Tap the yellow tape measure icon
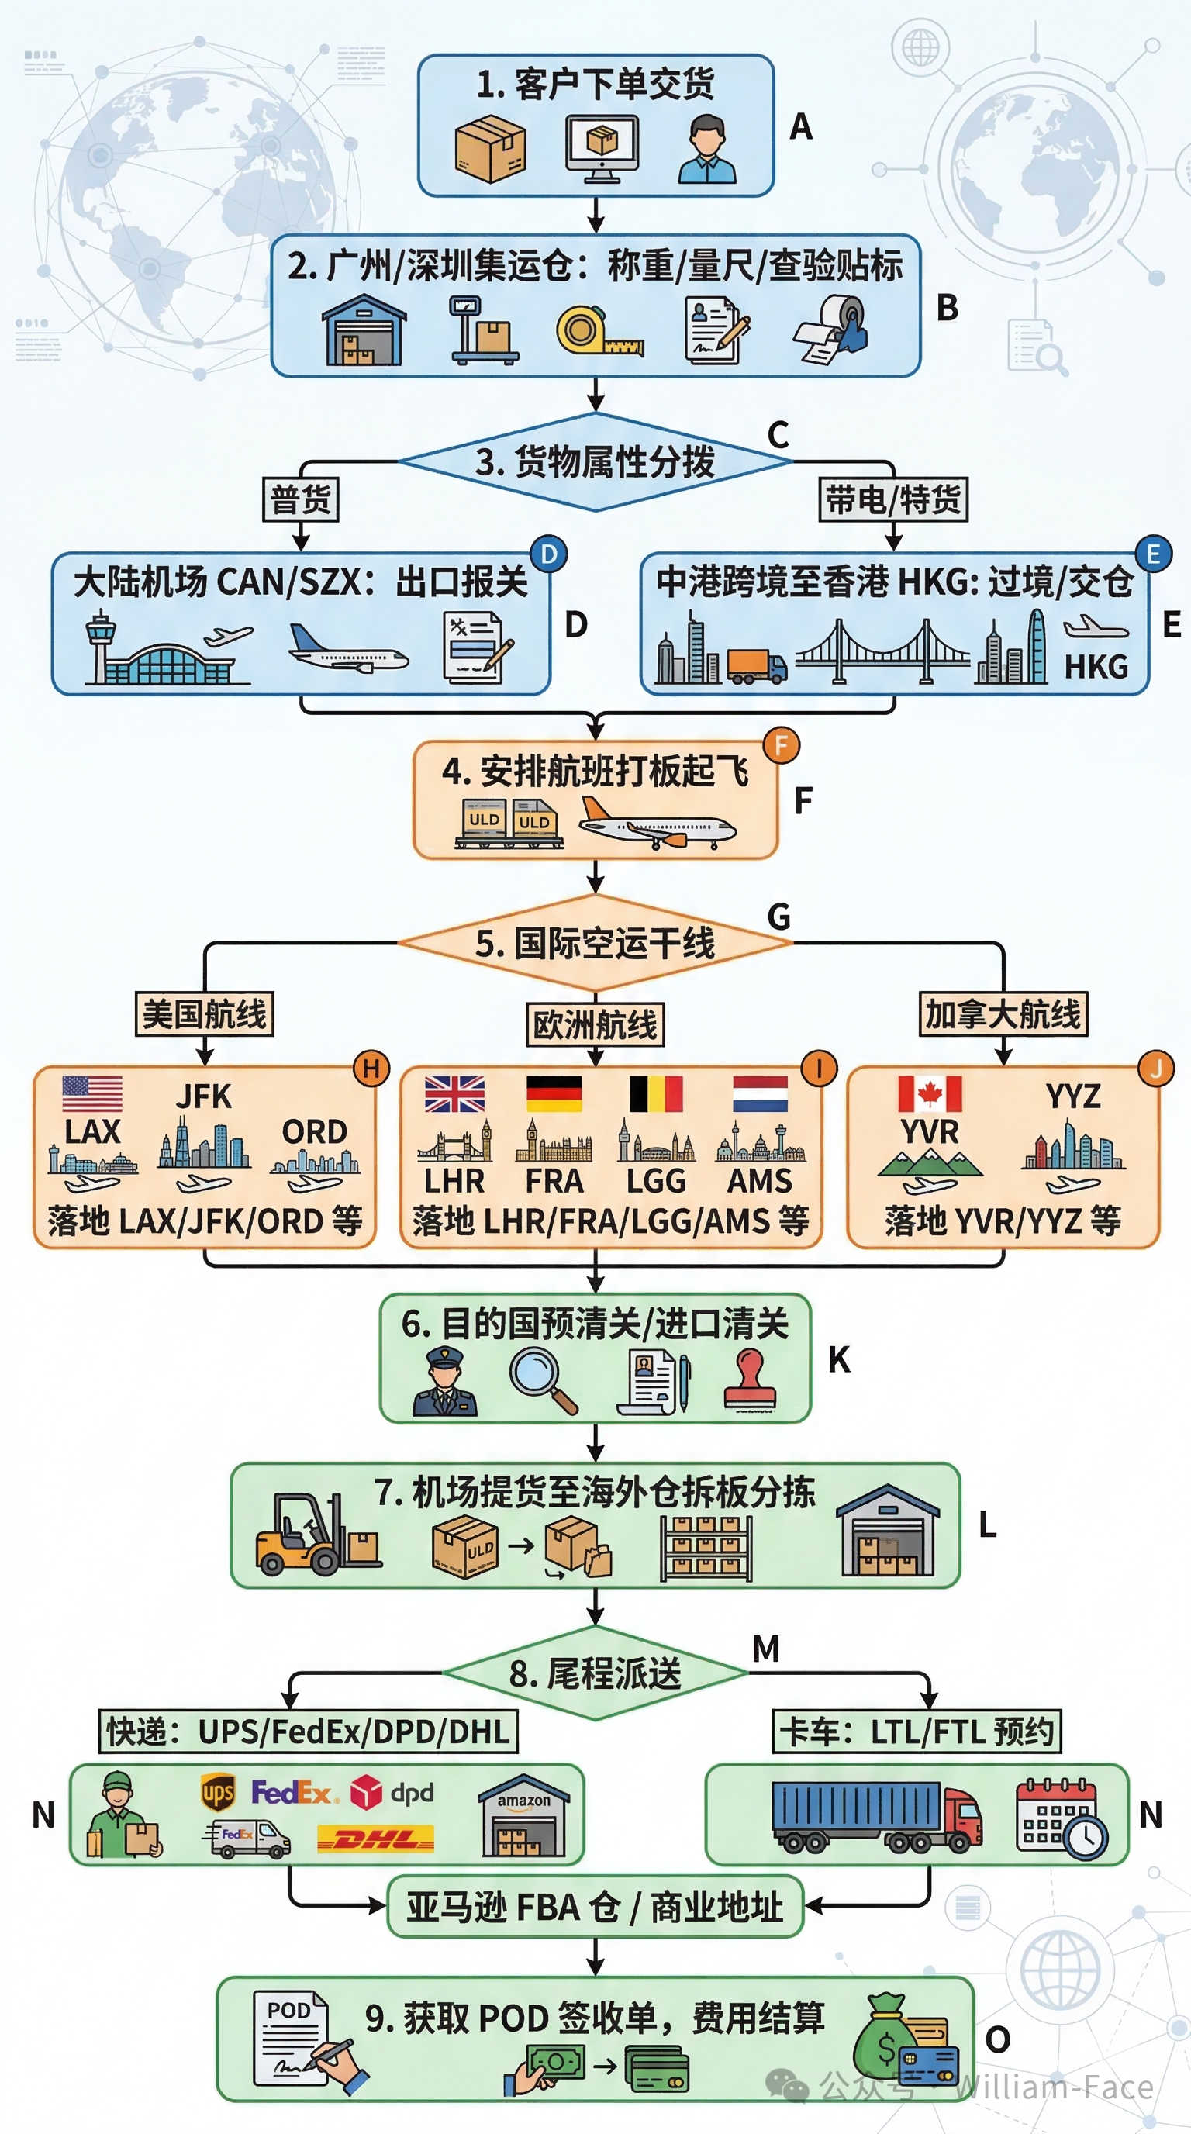point(599,331)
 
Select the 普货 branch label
point(301,499)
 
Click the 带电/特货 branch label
point(892,499)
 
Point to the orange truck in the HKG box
point(757,665)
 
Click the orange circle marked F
point(781,745)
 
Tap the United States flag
point(92,1093)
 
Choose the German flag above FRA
point(554,1093)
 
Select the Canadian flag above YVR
point(929,1093)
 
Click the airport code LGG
point(656,1180)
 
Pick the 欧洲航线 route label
point(595,1025)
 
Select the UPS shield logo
point(218,1793)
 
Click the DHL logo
point(376,1841)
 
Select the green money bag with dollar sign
point(885,2039)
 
